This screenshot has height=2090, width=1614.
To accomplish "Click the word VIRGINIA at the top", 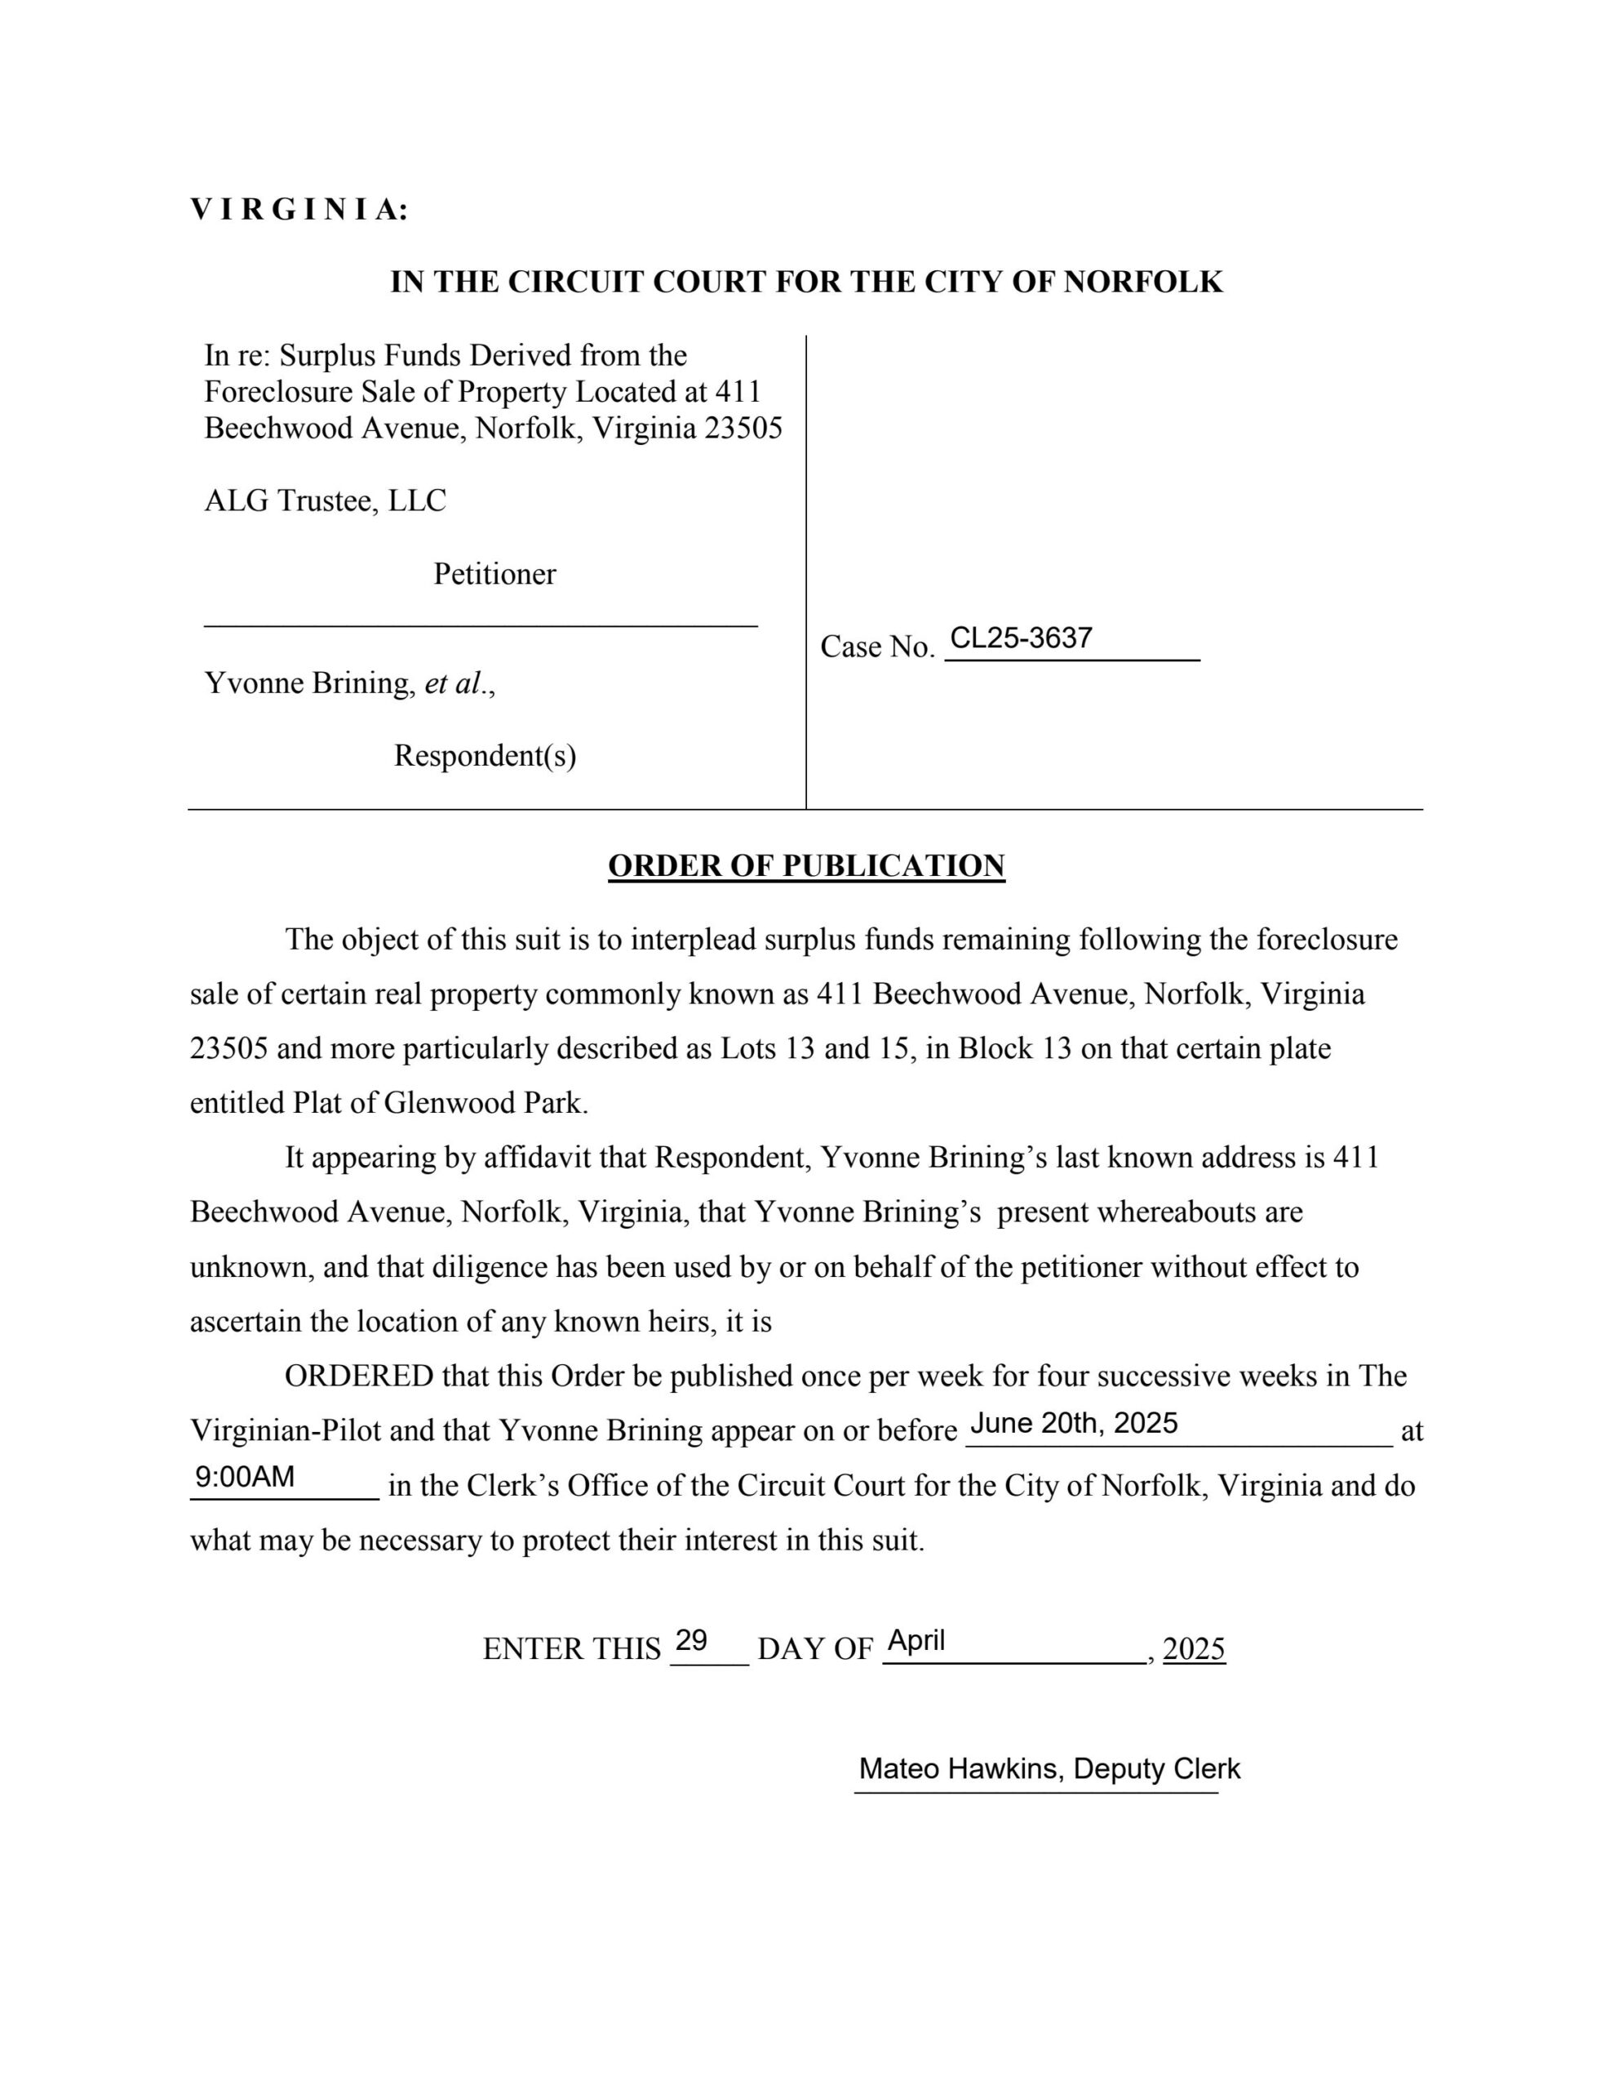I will click(299, 210).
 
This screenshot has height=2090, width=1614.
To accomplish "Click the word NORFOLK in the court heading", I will click(1142, 282).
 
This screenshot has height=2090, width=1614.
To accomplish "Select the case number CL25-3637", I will click(1020, 638).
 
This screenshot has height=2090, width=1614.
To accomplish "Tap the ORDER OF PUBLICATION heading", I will click(805, 866).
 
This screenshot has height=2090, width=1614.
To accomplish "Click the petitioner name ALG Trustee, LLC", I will click(326, 500).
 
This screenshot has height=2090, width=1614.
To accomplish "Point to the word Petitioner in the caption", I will click(494, 574).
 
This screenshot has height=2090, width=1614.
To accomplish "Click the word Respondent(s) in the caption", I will click(485, 756).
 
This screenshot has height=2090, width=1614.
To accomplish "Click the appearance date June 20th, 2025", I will click(1074, 1424).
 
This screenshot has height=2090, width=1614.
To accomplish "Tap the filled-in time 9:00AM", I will click(245, 1478).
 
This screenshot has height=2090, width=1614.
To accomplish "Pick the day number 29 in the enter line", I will click(691, 1641).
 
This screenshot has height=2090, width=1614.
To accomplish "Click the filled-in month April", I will click(916, 1641).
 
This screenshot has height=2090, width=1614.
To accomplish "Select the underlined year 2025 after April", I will click(1193, 1649).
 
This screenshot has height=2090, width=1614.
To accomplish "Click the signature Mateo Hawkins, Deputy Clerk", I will click(1049, 1768).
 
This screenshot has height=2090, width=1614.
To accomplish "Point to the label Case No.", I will click(876, 648).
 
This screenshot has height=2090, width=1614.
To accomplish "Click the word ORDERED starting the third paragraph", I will click(359, 1376).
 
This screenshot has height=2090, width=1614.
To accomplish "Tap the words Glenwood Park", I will click(483, 1104).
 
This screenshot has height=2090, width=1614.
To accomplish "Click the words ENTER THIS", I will click(571, 1649).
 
